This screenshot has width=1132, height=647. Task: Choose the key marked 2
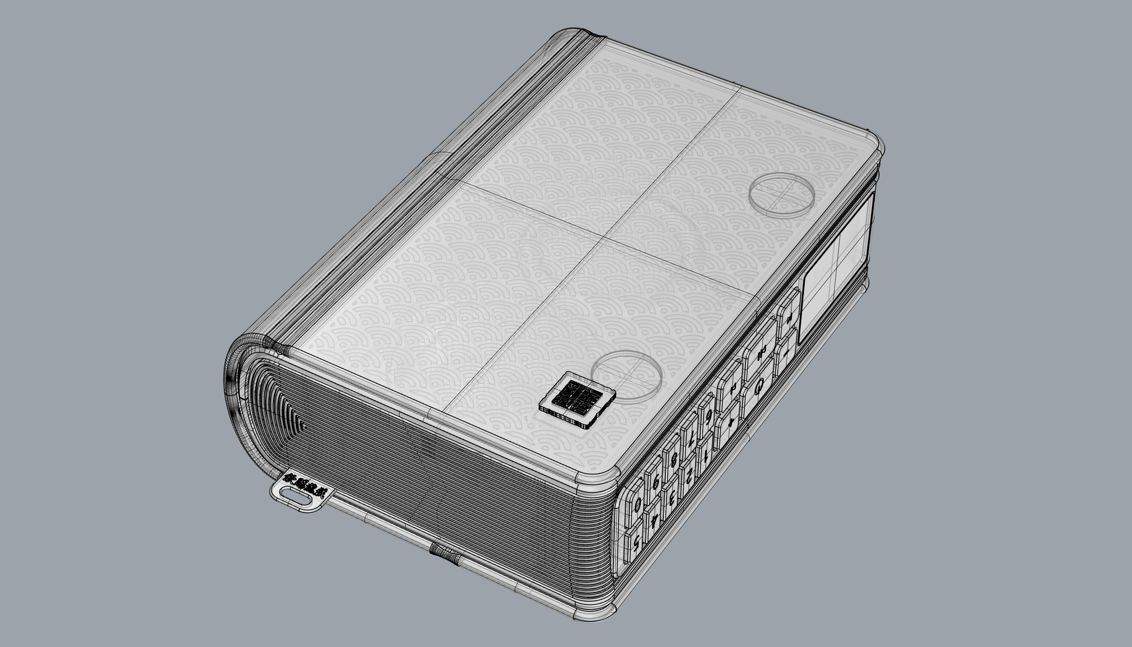[x=689, y=477]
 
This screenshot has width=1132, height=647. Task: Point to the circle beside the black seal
[x=627, y=376]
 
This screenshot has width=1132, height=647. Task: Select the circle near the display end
[x=782, y=195]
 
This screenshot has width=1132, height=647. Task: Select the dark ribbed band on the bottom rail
[x=445, y=555]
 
